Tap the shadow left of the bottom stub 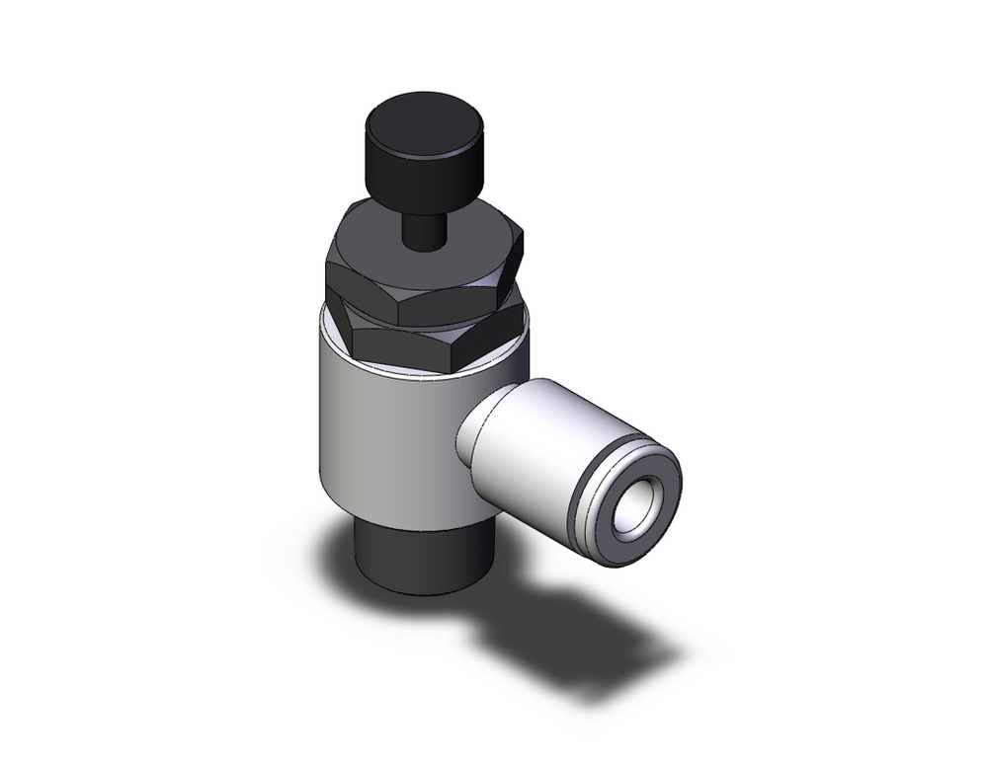point(336,553)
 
